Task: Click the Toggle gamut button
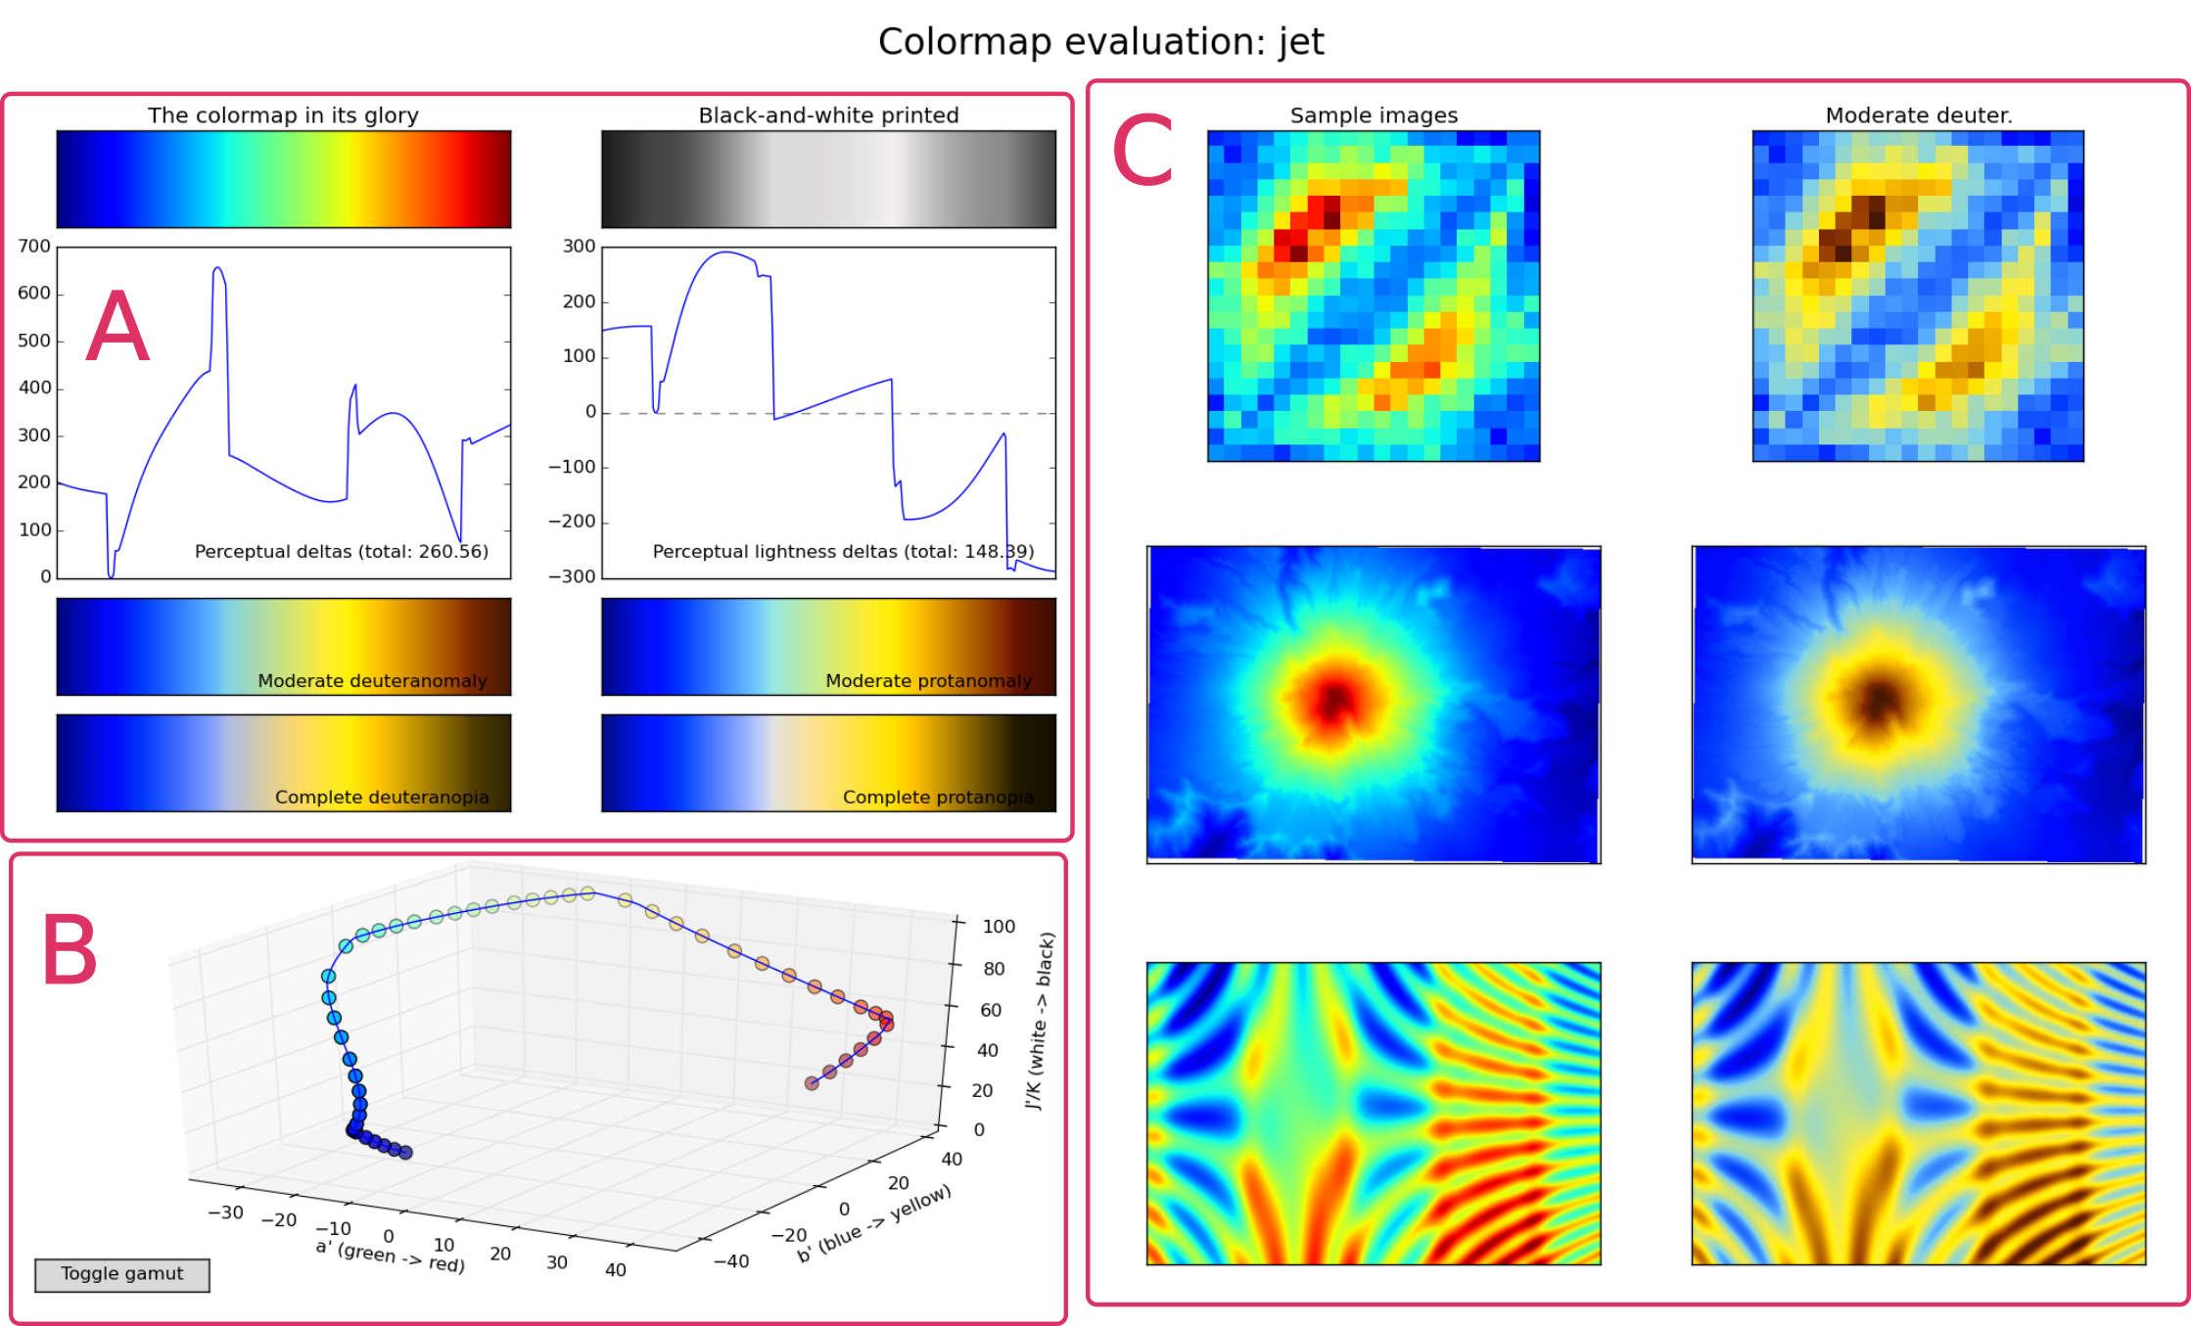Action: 121,1274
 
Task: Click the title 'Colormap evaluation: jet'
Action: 1100,42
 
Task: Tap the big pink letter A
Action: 117,328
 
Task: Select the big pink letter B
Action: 70,950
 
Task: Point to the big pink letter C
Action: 1142,152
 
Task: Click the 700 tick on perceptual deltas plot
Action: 34,247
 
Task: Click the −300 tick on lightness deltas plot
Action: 572,576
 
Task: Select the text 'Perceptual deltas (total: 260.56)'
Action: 341,552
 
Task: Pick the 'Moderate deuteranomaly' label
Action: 372,681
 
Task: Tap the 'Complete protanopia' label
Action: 938,798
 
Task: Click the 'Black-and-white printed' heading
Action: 828,115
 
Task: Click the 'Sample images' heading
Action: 1374,115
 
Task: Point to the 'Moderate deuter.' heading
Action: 1918,115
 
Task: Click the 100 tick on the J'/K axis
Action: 999,927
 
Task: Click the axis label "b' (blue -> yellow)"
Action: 873,1224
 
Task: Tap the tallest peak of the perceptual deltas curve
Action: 217,267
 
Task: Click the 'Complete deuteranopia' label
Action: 382,798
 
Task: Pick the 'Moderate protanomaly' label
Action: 928,681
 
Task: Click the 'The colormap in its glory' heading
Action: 283,115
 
